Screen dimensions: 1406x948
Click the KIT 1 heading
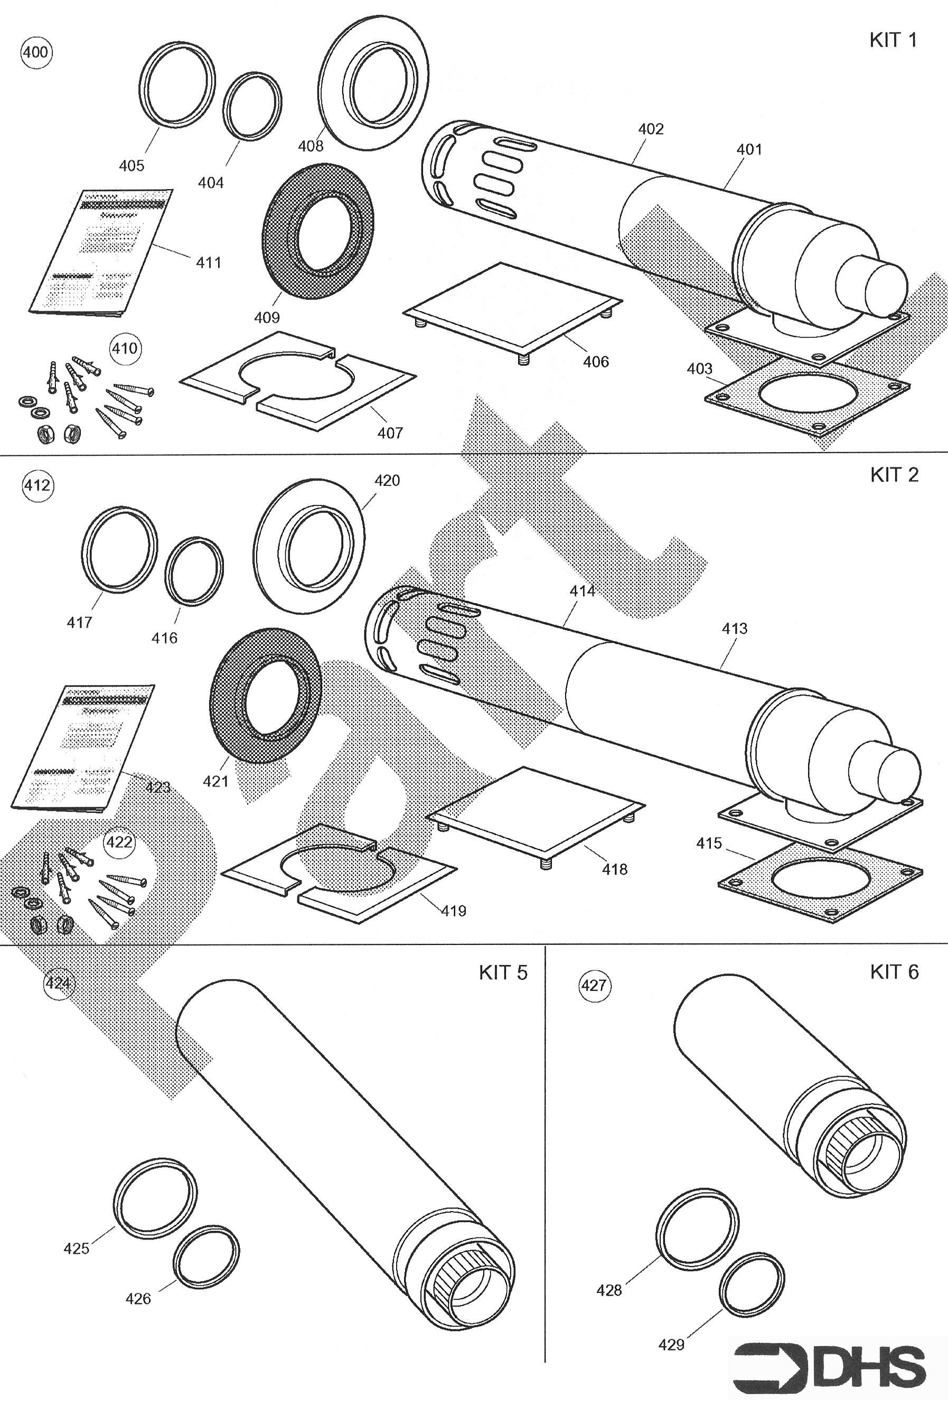coord(893,41)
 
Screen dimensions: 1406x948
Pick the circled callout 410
coord(125,349)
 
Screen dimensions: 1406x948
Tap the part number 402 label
coord(651,129)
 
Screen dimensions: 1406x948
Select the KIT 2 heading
coord(894,475)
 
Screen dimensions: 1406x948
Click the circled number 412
coord(37,485)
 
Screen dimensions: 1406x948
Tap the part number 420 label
coord(387,481)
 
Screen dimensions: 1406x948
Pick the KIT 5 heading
coord(503,972)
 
